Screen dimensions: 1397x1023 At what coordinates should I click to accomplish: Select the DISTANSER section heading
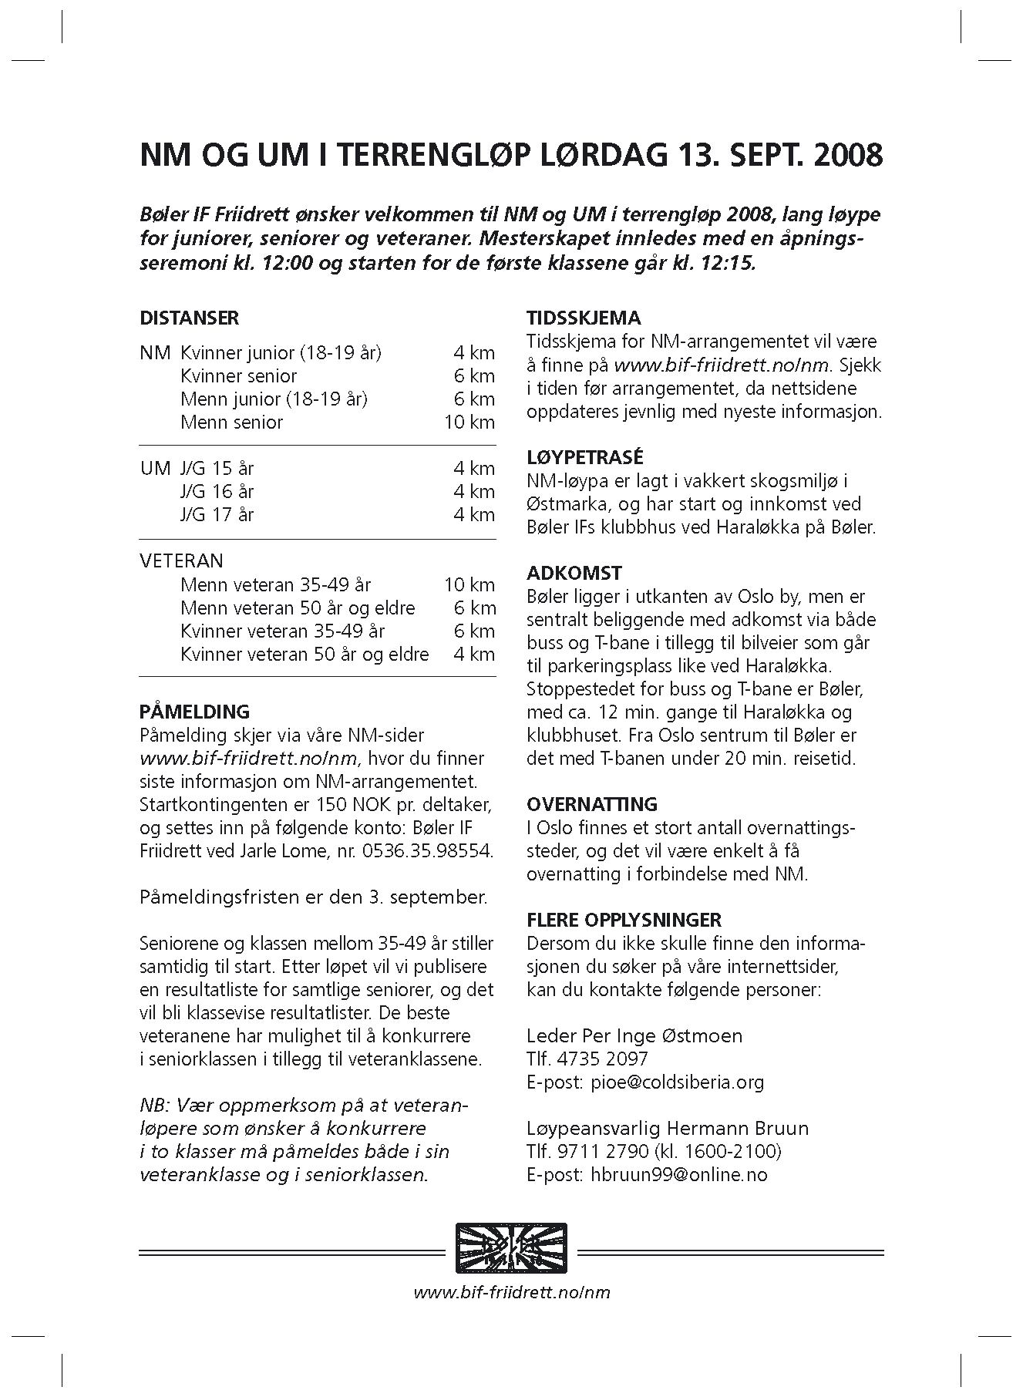click(x=190, y=318)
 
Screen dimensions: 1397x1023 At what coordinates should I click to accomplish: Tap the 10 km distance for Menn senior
click(x=469, y=422)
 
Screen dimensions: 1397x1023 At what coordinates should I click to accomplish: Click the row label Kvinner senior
click(x=239, y=376)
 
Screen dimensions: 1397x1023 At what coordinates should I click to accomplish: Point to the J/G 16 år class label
click(x=217, y=492)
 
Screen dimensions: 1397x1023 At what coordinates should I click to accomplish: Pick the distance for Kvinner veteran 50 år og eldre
click(x=474, y=655)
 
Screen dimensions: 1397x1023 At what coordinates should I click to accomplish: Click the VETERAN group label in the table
click(x=182, y=560)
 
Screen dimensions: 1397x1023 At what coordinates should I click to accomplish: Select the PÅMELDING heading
click(x=195, y=712)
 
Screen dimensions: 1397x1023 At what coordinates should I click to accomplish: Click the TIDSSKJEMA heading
click(x=584, y=318)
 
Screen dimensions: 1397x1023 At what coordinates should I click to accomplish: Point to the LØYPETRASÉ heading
click(x=585, y=457)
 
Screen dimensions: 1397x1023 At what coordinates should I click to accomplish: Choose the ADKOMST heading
click(x=574, y=573)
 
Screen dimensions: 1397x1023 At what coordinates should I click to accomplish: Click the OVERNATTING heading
click(x=592, y=804)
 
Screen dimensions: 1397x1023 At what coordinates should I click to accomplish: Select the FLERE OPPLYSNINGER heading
click(x=624, y=920)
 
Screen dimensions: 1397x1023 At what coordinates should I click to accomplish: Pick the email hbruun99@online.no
click(x=679, y=1175)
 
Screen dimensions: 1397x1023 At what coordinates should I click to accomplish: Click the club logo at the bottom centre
click(x=511, y=1248)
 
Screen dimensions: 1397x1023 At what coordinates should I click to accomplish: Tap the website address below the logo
click(x=512, y=1292)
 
